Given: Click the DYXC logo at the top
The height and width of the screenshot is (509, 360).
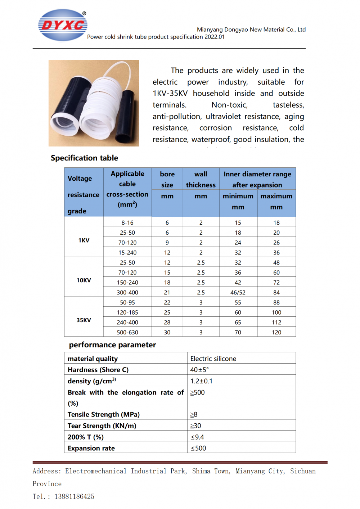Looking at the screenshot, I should (63, 25).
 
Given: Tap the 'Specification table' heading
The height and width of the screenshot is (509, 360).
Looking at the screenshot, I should (84, 158).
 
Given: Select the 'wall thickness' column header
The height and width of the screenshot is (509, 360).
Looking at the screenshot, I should (201, 179).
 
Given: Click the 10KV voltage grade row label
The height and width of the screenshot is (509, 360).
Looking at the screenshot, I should (84, 280).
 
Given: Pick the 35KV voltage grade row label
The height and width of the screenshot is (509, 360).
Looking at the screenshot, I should (84, 320).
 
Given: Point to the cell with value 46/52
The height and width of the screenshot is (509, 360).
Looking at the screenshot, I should (238, 293).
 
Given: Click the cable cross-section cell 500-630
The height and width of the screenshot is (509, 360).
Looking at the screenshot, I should (127, 332).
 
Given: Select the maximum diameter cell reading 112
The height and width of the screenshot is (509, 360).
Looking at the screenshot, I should (276, 323).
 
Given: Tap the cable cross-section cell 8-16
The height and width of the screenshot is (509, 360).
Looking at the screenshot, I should (127, 223).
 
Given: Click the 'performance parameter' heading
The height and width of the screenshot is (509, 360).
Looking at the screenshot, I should (112, 345).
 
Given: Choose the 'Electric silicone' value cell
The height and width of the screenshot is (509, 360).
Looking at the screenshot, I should (213, 359).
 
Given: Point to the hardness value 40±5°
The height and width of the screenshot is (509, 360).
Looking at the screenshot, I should (199, 370).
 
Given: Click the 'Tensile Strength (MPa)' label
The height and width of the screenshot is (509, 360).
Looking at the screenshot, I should (104, 414).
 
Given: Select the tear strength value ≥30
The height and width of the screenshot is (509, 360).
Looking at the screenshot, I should (195, 426).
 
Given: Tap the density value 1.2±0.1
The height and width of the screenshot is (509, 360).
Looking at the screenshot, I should (201, 381).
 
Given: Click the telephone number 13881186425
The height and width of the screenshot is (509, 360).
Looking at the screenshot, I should (74, 496).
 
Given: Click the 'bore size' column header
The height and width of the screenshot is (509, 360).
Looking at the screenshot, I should (167, 179).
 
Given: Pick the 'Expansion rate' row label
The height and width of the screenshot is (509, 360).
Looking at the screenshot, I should (91, 448).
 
